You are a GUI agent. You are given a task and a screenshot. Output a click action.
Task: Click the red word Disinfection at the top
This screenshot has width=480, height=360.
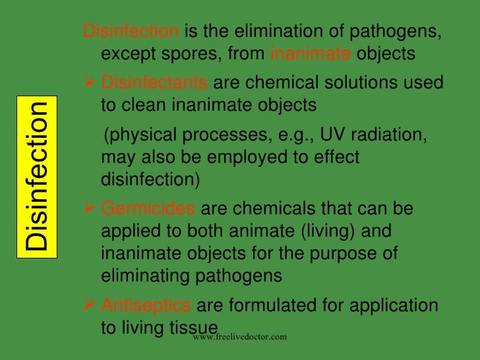(x=129, y=32)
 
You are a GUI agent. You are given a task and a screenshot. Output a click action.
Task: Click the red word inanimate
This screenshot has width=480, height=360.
(x=311, y=53)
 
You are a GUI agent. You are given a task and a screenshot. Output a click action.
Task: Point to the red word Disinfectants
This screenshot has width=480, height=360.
(x=155, y=84)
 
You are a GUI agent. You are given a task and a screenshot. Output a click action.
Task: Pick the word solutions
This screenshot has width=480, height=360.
(x=357, y=84)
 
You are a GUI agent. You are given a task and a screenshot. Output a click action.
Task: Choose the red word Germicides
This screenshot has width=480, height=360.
(x=148, y=209)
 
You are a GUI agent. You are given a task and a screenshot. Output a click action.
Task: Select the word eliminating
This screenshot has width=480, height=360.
(x=150, y=276)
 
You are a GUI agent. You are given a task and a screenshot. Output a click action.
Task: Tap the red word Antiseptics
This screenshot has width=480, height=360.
(x=146, y=305)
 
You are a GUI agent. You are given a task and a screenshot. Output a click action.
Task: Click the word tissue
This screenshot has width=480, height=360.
(x=194, y=328)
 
